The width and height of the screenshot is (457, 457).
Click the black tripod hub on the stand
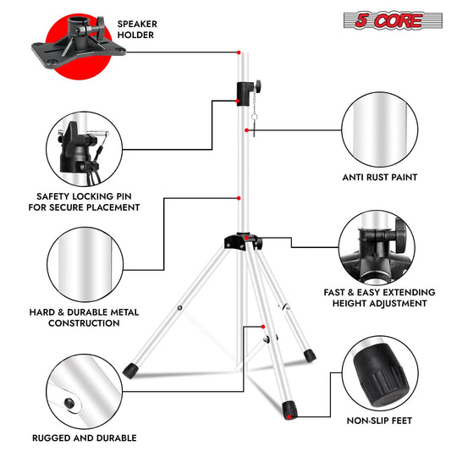243,241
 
